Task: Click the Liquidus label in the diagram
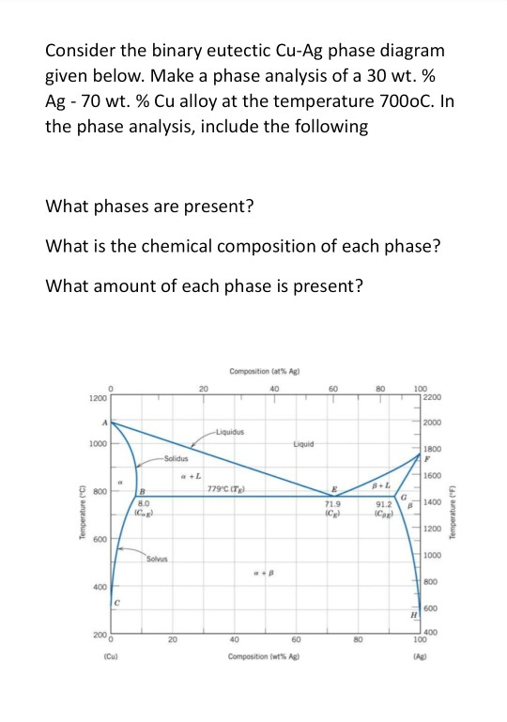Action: point(228,433)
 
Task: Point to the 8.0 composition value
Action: point(145,504)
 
